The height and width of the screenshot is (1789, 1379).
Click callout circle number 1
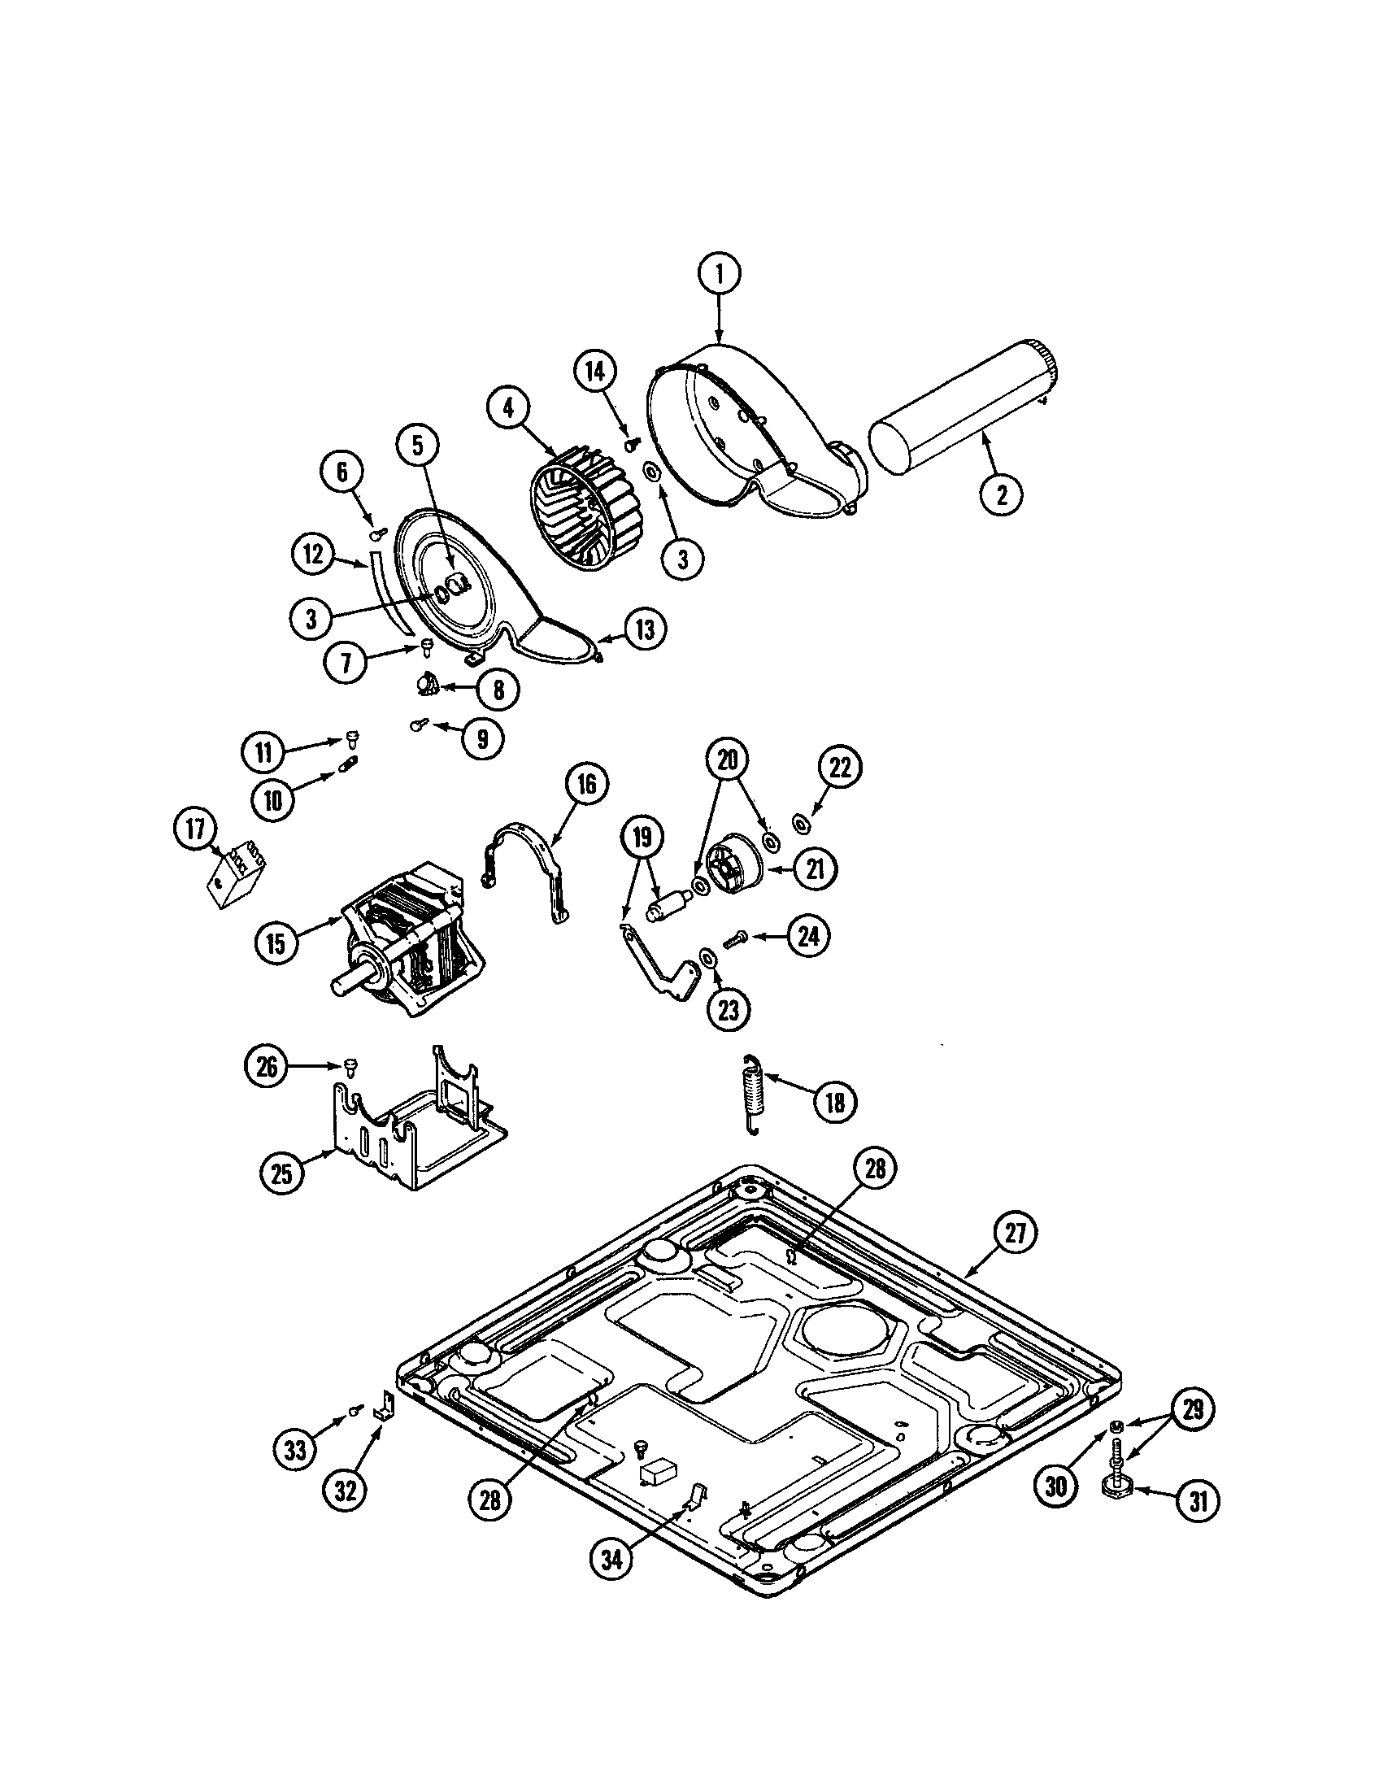720,275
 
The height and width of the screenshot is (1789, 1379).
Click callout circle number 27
1015,1257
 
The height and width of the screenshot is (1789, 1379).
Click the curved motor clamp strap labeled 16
524,868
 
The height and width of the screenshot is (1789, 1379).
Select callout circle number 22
840,768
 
